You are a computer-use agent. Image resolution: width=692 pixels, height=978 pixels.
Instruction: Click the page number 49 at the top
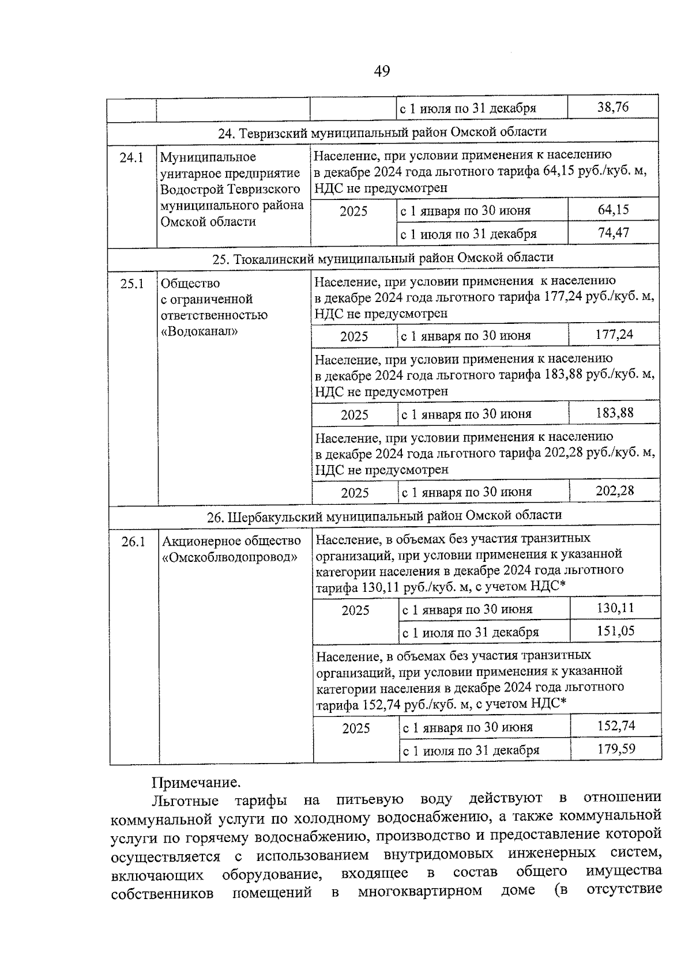click(x=382, y=71)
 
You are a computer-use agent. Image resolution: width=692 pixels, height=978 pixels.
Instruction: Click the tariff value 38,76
click(x=613, y=107)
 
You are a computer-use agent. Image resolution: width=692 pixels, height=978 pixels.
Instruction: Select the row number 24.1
click(x=131, y=157)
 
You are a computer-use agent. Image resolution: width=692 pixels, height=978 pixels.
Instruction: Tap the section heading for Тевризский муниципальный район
click(x=382, y=132)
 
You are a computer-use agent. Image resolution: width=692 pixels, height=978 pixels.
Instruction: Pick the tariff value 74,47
click(x=614, y=233)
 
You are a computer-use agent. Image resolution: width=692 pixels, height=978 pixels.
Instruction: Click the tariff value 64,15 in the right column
click(x=614, y=210)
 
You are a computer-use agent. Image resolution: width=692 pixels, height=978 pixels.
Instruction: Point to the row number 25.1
click(x=132, y=284)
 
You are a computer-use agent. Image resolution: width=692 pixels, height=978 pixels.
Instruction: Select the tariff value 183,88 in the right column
click(x=615, y=413)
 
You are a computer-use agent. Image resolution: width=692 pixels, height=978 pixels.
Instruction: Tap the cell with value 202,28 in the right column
click(x=615, y=491)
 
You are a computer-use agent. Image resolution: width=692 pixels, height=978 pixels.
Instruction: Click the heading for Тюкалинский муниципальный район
click(x=383, y=258)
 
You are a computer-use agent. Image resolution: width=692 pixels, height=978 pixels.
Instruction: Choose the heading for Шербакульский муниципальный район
click(x=384, y=516)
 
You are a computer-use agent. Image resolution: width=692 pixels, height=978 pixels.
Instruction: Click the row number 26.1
click(x=133, y=542)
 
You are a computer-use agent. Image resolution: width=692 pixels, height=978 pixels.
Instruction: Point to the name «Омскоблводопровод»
click(x=230, y=557)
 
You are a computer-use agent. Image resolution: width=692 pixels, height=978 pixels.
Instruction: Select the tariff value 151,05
click(x=616, y=631)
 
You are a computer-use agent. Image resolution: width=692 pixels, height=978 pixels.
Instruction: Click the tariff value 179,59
click(x=616, y=749)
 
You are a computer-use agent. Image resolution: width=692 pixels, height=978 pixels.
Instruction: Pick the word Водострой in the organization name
click(x=188, y=189)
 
